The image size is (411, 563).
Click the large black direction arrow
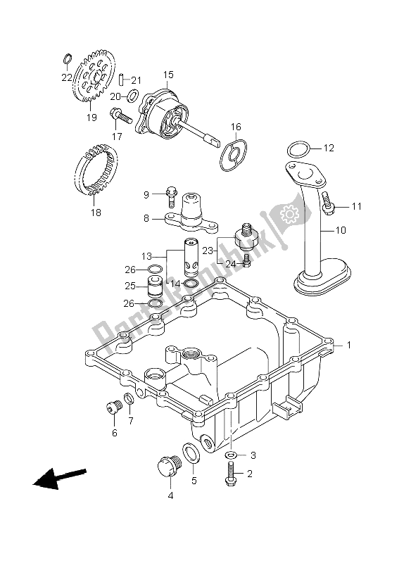(x=59, y=479)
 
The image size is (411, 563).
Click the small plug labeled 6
(x=114, y=407)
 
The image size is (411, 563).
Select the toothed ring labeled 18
(x=96, y=168)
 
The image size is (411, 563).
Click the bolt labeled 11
(x=327, y=203)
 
